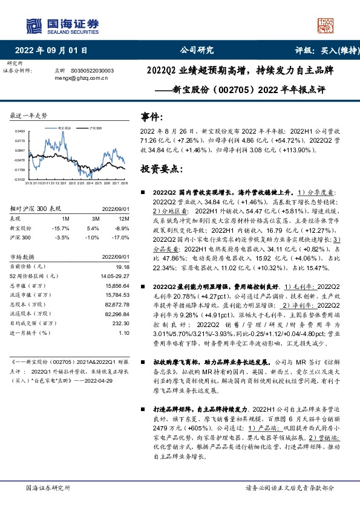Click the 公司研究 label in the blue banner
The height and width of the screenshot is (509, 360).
click(x=197, y=50)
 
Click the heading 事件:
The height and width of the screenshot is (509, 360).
click(x=151, y=117)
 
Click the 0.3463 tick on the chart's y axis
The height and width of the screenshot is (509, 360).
click(x=20, y=131)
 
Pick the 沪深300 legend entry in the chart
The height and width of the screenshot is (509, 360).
click(x=93, y=129)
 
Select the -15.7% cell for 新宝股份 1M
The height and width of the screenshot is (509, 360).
click(x=63, y=227)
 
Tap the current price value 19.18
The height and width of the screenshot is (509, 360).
click(x=123, y=267)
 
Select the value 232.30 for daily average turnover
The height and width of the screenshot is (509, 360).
click(x=121, y=324)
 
